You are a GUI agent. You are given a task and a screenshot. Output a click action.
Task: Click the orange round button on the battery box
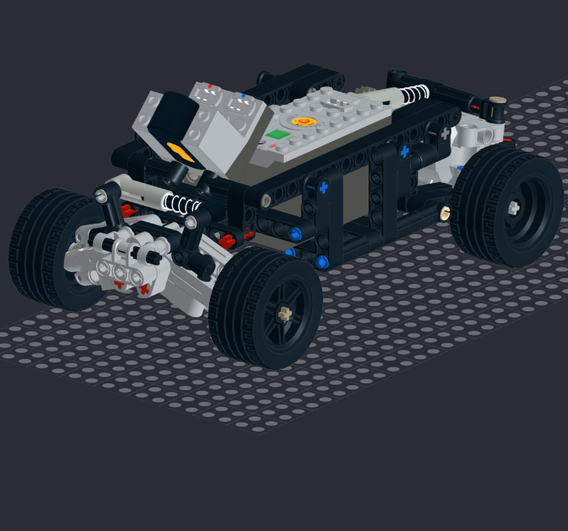[303, 121]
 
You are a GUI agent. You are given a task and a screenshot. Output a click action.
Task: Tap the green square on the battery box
[275, 135]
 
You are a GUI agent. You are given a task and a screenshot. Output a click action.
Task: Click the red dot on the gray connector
[210, 86]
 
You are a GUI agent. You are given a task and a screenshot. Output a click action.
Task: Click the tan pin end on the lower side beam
[445, 212]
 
